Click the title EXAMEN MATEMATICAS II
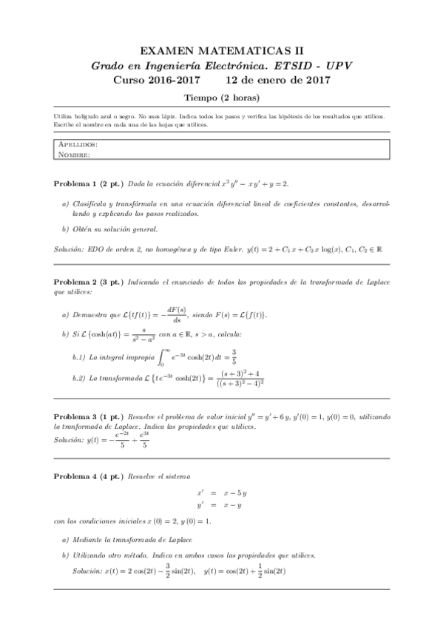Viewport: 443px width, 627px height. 221,51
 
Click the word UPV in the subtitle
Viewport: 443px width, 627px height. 337,65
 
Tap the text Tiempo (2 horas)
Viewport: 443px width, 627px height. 221,98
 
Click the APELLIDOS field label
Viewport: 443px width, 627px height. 77,145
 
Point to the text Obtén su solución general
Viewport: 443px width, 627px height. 115,229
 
